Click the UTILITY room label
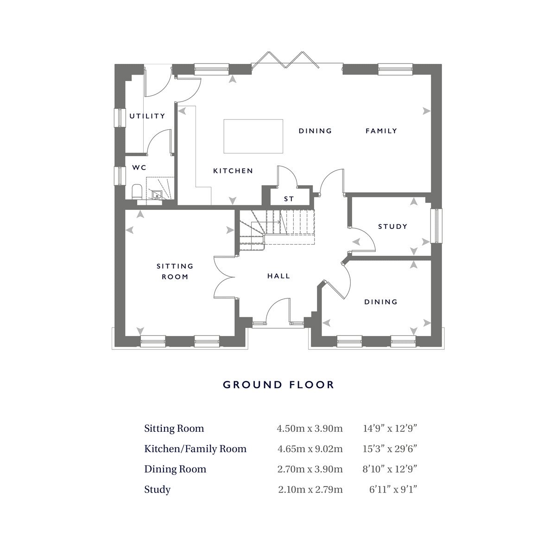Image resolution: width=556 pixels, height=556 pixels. point(147,116)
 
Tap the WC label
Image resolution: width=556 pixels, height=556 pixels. point(139,167)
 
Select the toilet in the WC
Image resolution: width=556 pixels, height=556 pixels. point(137,192)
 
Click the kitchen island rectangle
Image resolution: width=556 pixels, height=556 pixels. point(253,136)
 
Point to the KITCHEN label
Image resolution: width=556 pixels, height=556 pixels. point(233,171)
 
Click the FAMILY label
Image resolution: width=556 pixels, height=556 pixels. point(381,131)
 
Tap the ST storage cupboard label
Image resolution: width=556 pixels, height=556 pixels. point(289,199)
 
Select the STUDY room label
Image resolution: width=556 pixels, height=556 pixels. point(393,227)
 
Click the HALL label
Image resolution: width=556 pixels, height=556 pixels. point(278,276)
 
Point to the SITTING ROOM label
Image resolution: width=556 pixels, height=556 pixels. point(175,272)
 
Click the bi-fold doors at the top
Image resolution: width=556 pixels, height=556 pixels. point(285,60)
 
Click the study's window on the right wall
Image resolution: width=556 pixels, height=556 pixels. point(436,226)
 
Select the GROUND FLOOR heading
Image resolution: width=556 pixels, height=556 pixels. point(278,385)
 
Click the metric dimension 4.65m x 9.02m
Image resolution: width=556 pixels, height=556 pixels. point(310,449)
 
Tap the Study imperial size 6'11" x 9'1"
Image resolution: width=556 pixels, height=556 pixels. point(393,489)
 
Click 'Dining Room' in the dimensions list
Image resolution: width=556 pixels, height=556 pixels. point(175,469)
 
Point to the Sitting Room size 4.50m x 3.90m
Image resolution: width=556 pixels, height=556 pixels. point(310,429)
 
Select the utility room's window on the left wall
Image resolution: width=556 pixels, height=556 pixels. point(120,117)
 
